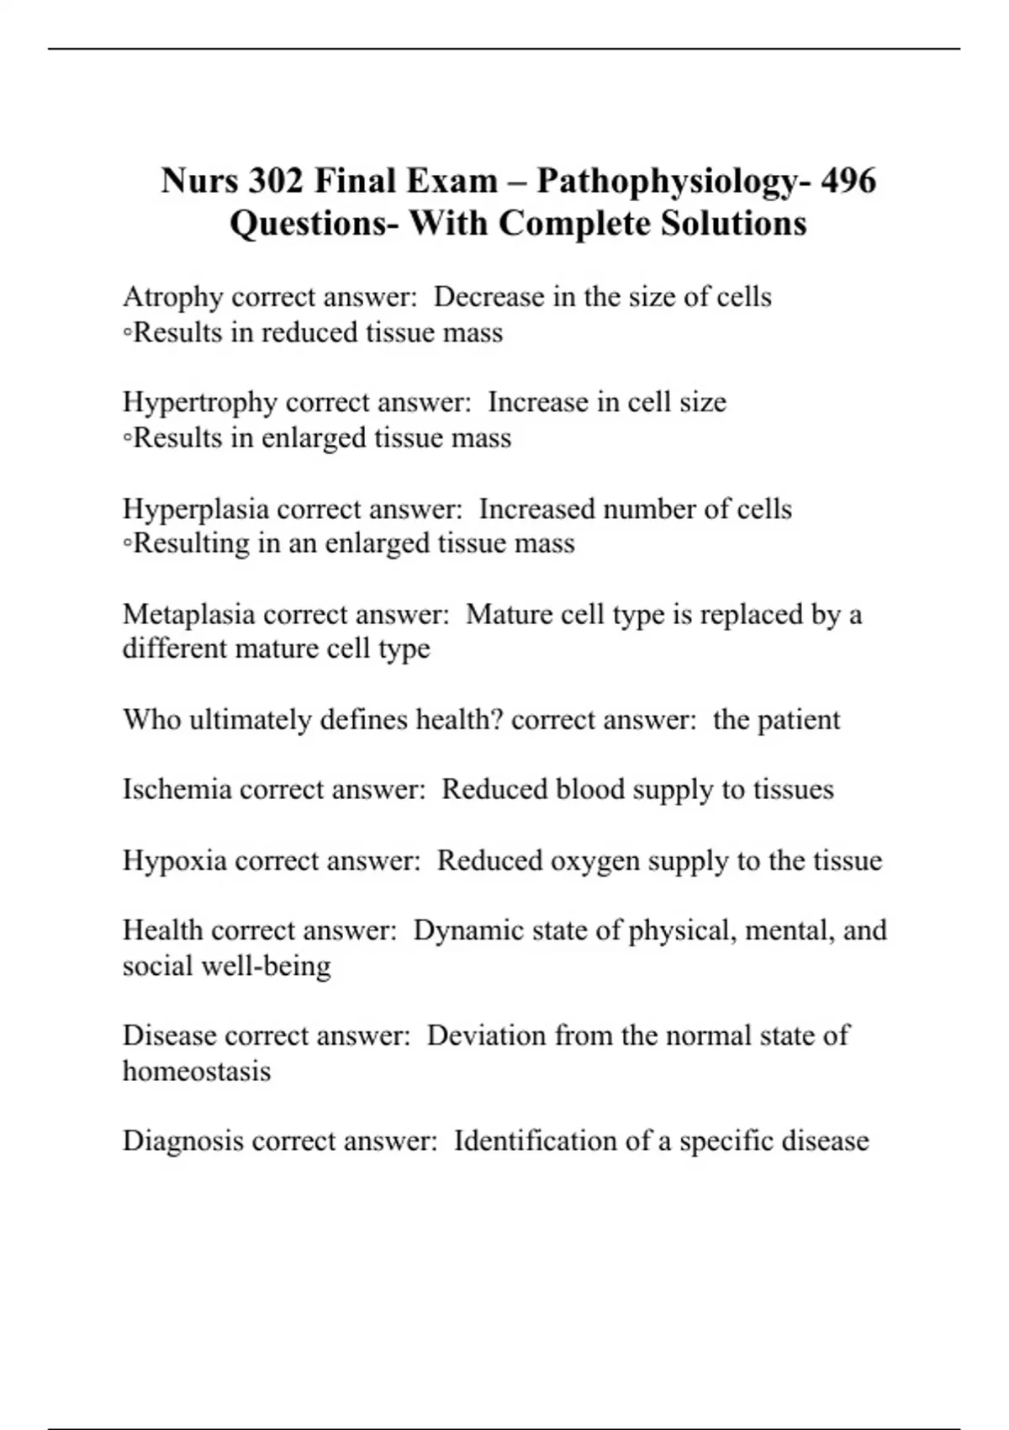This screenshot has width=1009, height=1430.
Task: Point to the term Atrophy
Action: [x=172, y=298]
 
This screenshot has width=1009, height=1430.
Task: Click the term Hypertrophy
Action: [x=199, y=403]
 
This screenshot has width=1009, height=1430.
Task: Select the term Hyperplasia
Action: [x=195, y=510]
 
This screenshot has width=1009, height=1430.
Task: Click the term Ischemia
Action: [x=177, y=790]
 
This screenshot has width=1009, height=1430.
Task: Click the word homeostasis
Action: [x=197, y=1072]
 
